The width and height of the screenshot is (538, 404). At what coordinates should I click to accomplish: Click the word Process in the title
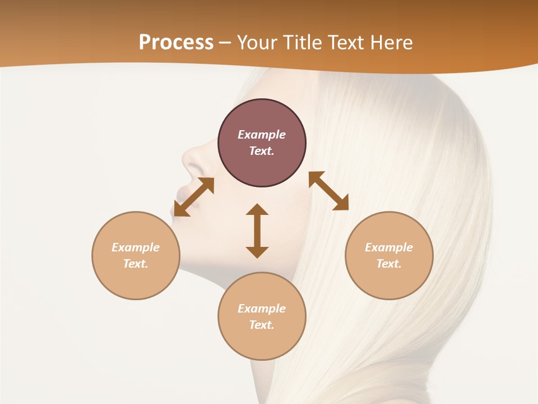click(176, 43)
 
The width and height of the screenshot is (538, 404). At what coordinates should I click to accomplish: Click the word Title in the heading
click(303, 43)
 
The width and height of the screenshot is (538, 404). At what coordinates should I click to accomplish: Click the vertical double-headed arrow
click(257, 231)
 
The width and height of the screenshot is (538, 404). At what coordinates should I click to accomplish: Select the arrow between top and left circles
click(194, 196)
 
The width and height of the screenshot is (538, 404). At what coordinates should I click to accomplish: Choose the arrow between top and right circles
click(328, 191)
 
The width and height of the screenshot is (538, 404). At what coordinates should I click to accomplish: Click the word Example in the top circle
click(262, 135)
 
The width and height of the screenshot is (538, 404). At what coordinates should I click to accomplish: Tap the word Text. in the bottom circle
click(262, 325)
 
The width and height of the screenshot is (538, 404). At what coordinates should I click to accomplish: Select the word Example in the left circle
click(136, 247)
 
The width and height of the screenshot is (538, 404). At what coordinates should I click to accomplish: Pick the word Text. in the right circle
click(389, 264)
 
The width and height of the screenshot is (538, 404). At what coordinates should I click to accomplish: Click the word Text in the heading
click(346, 43)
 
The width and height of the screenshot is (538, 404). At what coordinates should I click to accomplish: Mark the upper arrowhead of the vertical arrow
click(257, 210)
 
